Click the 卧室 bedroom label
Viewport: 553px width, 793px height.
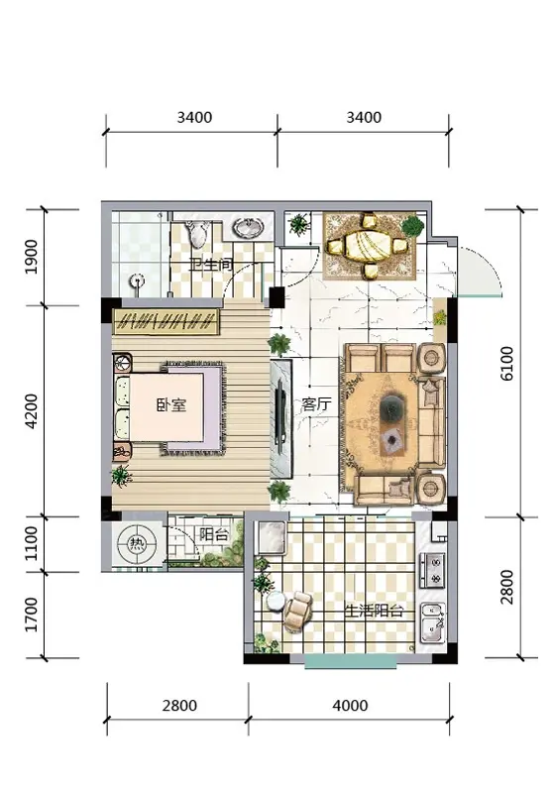click(x=170, y=404)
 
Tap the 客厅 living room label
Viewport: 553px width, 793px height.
click(x=316, y=403)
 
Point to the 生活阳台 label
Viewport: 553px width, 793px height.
click(x=373, y=611)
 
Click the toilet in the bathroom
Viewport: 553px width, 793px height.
click(x=197, y=233)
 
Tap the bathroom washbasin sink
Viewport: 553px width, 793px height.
click(x=248, y=228)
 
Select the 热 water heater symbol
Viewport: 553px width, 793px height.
click(x=136, y=544)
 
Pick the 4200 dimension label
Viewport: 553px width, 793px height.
click(x=32, y=411)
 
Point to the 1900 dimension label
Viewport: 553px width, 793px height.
click(x=32, y=257)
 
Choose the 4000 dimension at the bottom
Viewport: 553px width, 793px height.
click(x=350, y=705)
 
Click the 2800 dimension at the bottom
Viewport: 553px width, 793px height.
click(x=179, y=705)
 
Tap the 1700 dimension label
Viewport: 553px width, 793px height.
click(x=32, y=615)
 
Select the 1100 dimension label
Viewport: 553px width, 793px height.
click(x=32, y=543)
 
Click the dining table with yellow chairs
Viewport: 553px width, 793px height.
click(x=368, y=246)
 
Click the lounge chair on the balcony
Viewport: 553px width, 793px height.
click(x=297, y=611)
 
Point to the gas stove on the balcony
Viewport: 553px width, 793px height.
click(x=433, y=570)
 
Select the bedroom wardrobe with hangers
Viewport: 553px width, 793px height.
click(x=166, y=320)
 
